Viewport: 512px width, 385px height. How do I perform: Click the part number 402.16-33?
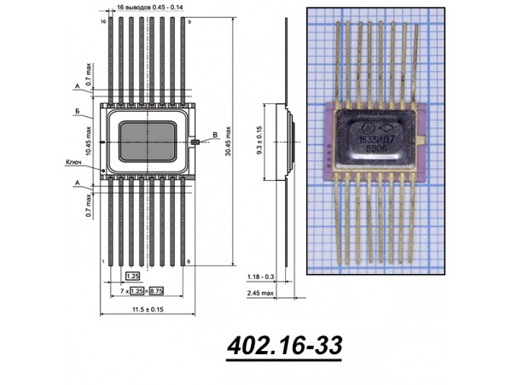(x=285, y=346)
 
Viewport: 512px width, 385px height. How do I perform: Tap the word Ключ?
(x=73, y=162)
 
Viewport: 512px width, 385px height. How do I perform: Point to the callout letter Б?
(x=78, y=112)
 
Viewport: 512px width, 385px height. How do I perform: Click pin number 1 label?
(x=102, y=260)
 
